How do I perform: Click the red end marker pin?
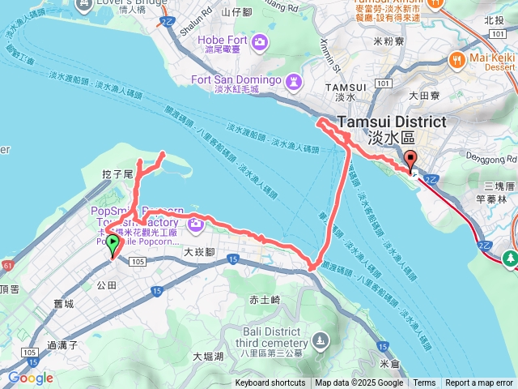click(x=410, y=159)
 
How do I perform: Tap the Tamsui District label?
click(x=391, y=122)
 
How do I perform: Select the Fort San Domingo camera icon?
click(x=293, y=80)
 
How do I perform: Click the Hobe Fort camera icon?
click(x=260, y=43)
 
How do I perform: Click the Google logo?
click(x=31, y=378)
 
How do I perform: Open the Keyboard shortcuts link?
click(x=270, y=383)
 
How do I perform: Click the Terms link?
click(x=424, y=383)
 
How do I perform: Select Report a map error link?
click(x=480, y=383)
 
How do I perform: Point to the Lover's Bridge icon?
click(x=84, y=4)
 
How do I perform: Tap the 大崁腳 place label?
click(x=197, y=252)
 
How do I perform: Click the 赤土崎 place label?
click(x=265, y=300)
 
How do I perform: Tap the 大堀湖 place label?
click(x=208, y=356)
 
